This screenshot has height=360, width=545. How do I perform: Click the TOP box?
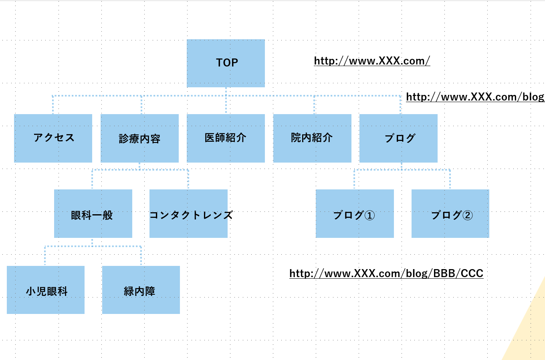tap(226, 63)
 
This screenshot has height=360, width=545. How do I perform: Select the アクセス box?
tap(53, 138)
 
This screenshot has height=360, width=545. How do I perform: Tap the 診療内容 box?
tap(139, 138)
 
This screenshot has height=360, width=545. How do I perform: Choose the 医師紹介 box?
tap(226, 138)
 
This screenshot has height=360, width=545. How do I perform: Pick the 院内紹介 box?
tap(312, 138)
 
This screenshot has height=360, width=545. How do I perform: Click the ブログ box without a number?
tap(398, 138)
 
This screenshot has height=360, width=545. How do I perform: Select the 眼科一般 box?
tap(93, 213)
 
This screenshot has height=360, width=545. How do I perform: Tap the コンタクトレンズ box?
tap(188, 213)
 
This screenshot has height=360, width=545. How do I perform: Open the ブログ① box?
tap(355, 213)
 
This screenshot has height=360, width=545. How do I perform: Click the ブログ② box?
tap(450, 213)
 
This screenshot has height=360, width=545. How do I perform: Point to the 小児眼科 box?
tap(46, 290)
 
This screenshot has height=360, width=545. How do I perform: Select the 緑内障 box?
tap(141, 290)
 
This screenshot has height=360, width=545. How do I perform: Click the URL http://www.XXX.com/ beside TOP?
tap(372, 61)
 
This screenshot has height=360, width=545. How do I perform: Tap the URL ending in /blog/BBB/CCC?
tap(386, 274)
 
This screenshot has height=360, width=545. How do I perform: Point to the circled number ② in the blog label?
tap(467, 215)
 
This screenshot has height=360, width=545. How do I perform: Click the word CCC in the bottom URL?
tap(472, 274)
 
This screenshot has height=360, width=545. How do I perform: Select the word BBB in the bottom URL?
tap(444, 274)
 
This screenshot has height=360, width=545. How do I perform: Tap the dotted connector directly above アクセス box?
tap(53, 105)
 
